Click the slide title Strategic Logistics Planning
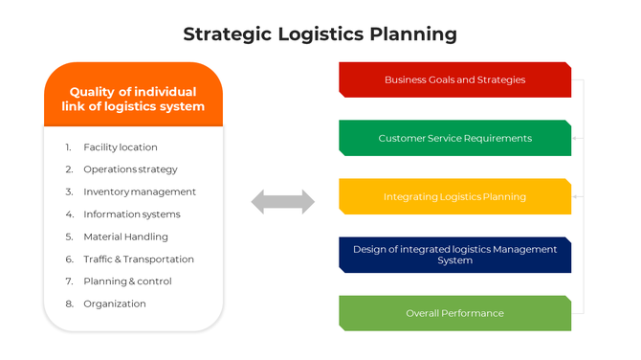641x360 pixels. tap(320, 34)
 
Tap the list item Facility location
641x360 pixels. tap(121, 147)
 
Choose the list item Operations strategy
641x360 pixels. tap(130, 169)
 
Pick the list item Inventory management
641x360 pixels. tap(140, 191)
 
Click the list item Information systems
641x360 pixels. tap(132, 214)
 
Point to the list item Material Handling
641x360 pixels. tap(125, 236)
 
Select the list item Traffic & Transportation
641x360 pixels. tap(139, 259)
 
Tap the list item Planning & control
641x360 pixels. tap(127, 281)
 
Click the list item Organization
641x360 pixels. tap(115, 304)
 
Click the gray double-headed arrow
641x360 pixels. tap(282, 202)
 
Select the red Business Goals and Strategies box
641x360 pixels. tap(454, 79)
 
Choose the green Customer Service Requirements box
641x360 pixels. tap(454, 138)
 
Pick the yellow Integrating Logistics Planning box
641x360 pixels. tap(454, 196)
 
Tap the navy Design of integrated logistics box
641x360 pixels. tap(454, 255)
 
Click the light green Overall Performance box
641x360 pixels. tap(454, 313)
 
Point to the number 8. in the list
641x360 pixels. tap(69, 304)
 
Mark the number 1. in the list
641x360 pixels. tap(69, 147)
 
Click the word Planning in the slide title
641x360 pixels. tap(413, 35)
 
